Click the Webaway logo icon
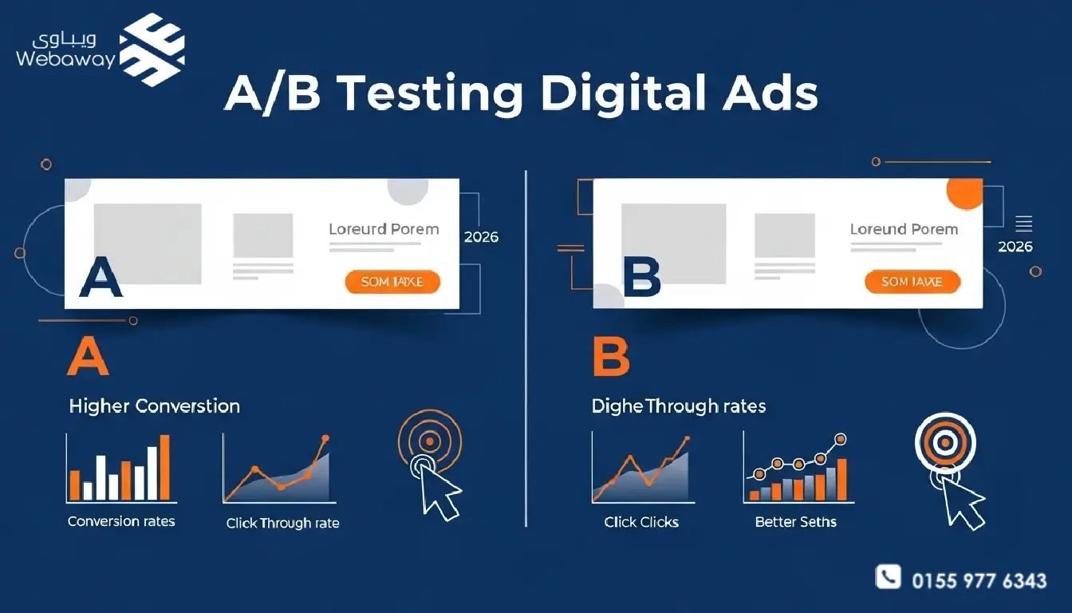coord(152,49)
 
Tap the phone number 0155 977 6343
coord(979,580)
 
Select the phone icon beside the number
coord(888,577)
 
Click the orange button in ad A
coord(392,282)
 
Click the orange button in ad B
coord(912,282)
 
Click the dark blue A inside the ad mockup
coord(101,278)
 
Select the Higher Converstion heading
coord(154,406)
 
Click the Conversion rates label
coord(121,521)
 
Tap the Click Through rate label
coord(282,524)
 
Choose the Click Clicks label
coord(641,522)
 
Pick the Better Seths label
coord(795,522)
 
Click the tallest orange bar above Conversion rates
coord(164,467)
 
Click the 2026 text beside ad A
coord(481,237)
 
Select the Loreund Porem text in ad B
coord(904,229)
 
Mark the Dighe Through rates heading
coord(678,406)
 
